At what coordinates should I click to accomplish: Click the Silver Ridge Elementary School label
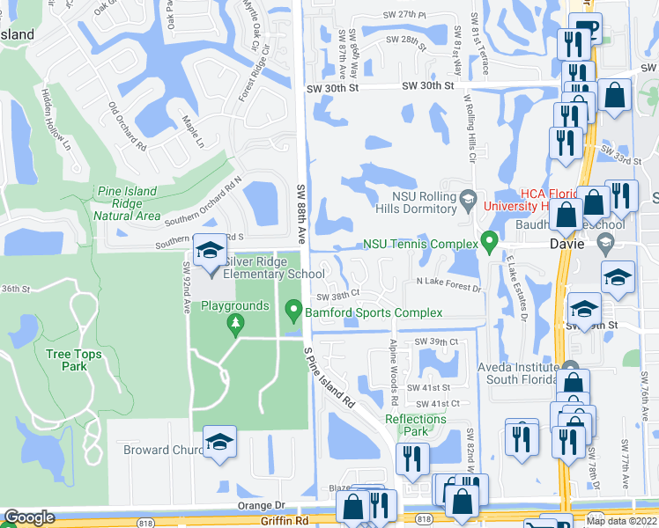[275, 268]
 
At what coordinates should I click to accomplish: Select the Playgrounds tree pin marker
[235, 326]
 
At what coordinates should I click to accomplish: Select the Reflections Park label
[415, 425]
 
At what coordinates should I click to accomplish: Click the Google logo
[29, 517]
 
